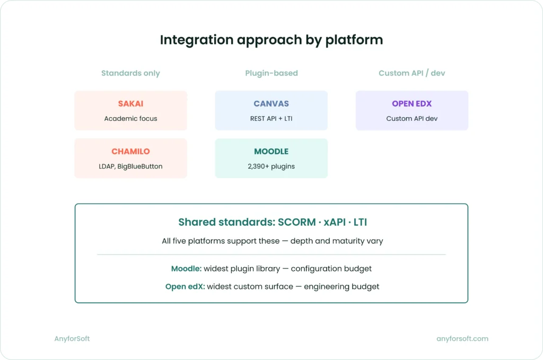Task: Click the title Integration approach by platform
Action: coord(271,40)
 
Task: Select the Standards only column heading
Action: coord(130,73)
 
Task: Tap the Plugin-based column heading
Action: coord(271,73)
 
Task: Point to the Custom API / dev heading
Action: coord(411,73)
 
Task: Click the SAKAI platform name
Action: coord(130,104)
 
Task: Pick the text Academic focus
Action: coord(130,118)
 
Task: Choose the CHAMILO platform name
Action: coord(130,152)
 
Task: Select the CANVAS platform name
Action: coord(271,104)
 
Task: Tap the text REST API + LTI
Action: coord(271,118)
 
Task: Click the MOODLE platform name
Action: coord(271,152)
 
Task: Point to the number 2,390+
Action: coord(258,166)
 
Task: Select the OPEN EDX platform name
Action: coord(411,104)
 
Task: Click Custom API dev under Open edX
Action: coord(411,118)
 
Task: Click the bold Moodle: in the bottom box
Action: coord(186,269)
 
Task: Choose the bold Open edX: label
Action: coord(185,286)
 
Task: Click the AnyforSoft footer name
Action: coord(72,338)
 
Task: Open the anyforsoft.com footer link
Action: coord(462,338)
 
